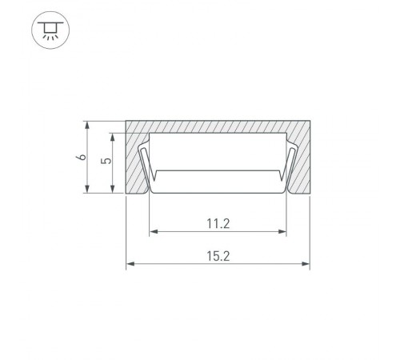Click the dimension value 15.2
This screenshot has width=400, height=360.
point(218,256)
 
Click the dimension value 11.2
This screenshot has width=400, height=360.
point(218,223)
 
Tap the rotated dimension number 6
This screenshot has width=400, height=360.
point(82,157)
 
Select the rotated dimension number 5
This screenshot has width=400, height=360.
point(106,161)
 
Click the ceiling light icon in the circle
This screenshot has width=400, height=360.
point(50,30)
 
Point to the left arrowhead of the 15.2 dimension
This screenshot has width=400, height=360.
point(130,264)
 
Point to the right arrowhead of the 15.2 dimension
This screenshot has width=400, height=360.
point(306,264)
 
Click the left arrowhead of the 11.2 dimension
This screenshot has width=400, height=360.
point(154,231)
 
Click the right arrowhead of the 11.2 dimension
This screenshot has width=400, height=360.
point(282,231)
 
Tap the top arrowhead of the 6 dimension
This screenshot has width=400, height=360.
point(87,126)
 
